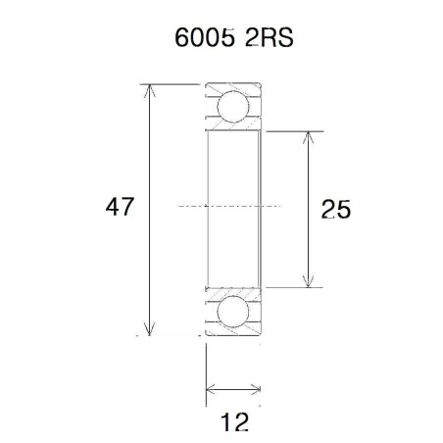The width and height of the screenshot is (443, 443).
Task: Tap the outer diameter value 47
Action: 120,208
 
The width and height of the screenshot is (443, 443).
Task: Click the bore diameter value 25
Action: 335,209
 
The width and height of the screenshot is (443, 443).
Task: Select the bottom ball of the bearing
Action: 233,313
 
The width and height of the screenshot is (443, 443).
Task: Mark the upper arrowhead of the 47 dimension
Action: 150,91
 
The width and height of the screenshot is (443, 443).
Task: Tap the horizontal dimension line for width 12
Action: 233,391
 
